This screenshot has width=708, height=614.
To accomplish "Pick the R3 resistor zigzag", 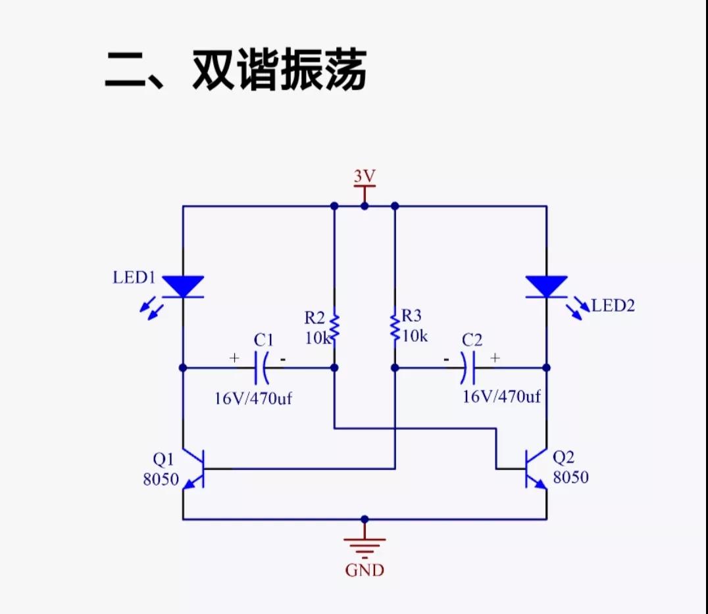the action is coord(395,327).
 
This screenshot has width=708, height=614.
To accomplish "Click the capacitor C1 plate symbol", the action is coord(262,367).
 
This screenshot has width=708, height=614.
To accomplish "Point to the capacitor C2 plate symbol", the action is coord(467,367).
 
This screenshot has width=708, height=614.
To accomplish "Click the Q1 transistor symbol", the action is coord(193,469).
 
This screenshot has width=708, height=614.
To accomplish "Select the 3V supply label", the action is coord(365,176).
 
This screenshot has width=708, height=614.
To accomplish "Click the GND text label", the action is coord(365,570).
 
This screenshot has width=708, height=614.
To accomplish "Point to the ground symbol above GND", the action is coord(365,547).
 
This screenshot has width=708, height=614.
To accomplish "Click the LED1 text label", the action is coord(134,277).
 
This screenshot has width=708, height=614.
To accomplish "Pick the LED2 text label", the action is coord(613,306).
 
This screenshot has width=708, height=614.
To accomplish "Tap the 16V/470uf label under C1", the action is coord(253,398).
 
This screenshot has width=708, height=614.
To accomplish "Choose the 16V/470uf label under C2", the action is coord(501,396).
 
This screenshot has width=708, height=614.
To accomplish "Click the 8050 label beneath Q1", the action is coord(161,479).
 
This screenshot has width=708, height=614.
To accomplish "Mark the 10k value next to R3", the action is coord(415,336).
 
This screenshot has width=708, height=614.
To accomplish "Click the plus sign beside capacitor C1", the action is coord(234,358).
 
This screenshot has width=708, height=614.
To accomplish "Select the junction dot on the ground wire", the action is coord(365,519).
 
